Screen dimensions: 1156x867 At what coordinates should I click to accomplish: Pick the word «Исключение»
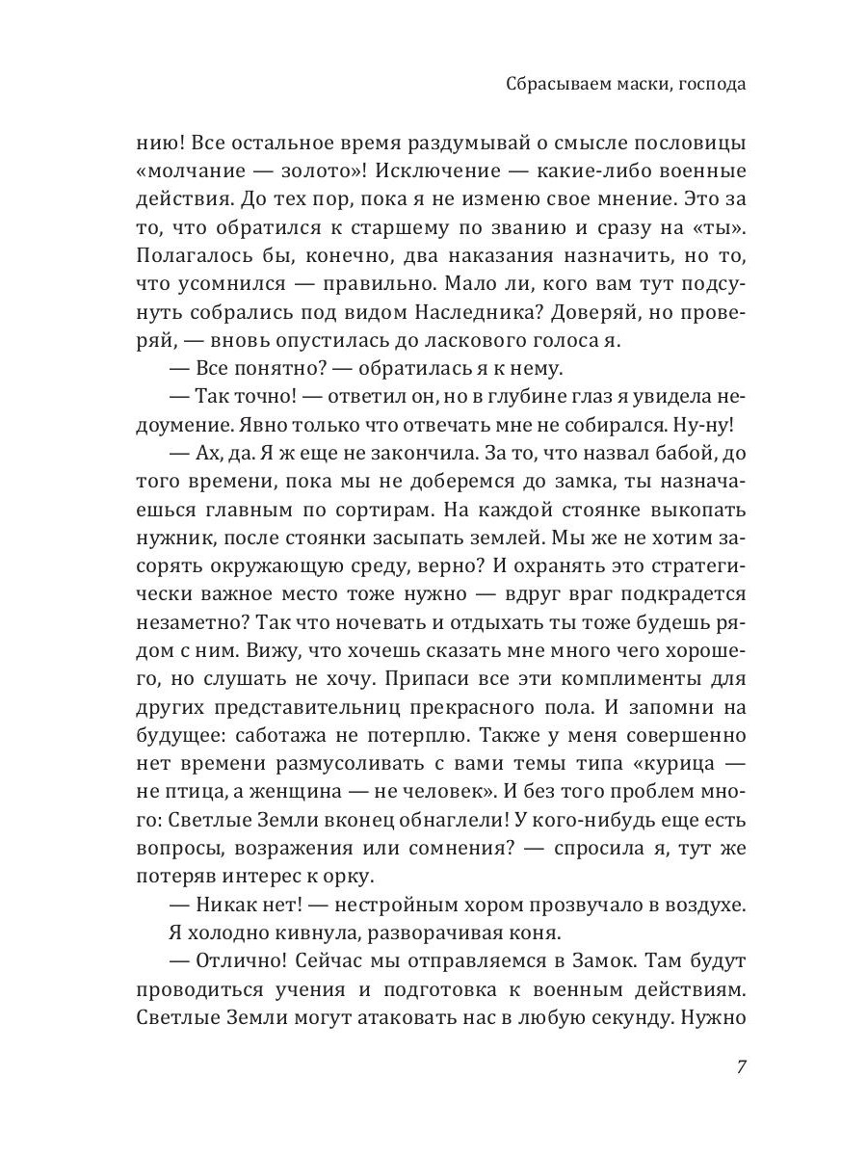[x=451, y=173]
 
